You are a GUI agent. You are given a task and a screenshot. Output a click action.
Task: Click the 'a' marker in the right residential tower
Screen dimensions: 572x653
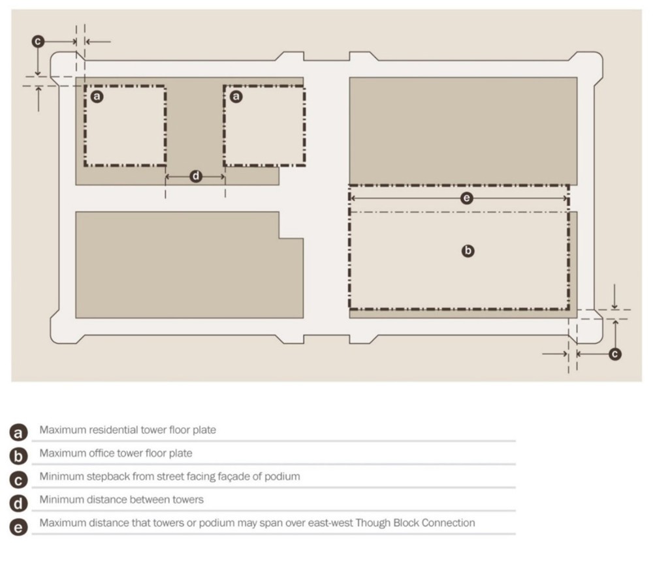pos(236,97)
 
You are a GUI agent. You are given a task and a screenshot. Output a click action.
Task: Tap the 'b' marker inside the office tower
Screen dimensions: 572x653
pos(468,250)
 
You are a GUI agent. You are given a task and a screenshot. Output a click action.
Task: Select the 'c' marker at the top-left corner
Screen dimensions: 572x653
pos(38,41)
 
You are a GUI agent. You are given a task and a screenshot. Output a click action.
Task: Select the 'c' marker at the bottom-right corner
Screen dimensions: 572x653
pos(614,354)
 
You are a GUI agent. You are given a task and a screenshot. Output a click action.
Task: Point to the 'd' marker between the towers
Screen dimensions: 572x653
pos(196,176)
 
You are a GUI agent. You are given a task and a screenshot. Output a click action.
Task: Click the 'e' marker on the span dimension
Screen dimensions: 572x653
pos(466,198)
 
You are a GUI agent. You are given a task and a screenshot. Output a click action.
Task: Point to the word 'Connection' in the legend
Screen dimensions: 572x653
pos(449,523)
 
